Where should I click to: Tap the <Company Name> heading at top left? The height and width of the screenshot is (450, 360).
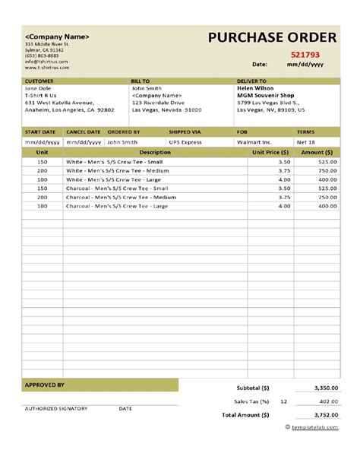coord(58,36)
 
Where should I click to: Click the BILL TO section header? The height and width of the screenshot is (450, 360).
coord(141,80)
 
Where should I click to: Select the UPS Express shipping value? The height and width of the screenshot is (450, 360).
coord(187,141)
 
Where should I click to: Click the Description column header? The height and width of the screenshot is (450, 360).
coord(155,152)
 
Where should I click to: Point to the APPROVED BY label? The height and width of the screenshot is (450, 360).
coord(45,385)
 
